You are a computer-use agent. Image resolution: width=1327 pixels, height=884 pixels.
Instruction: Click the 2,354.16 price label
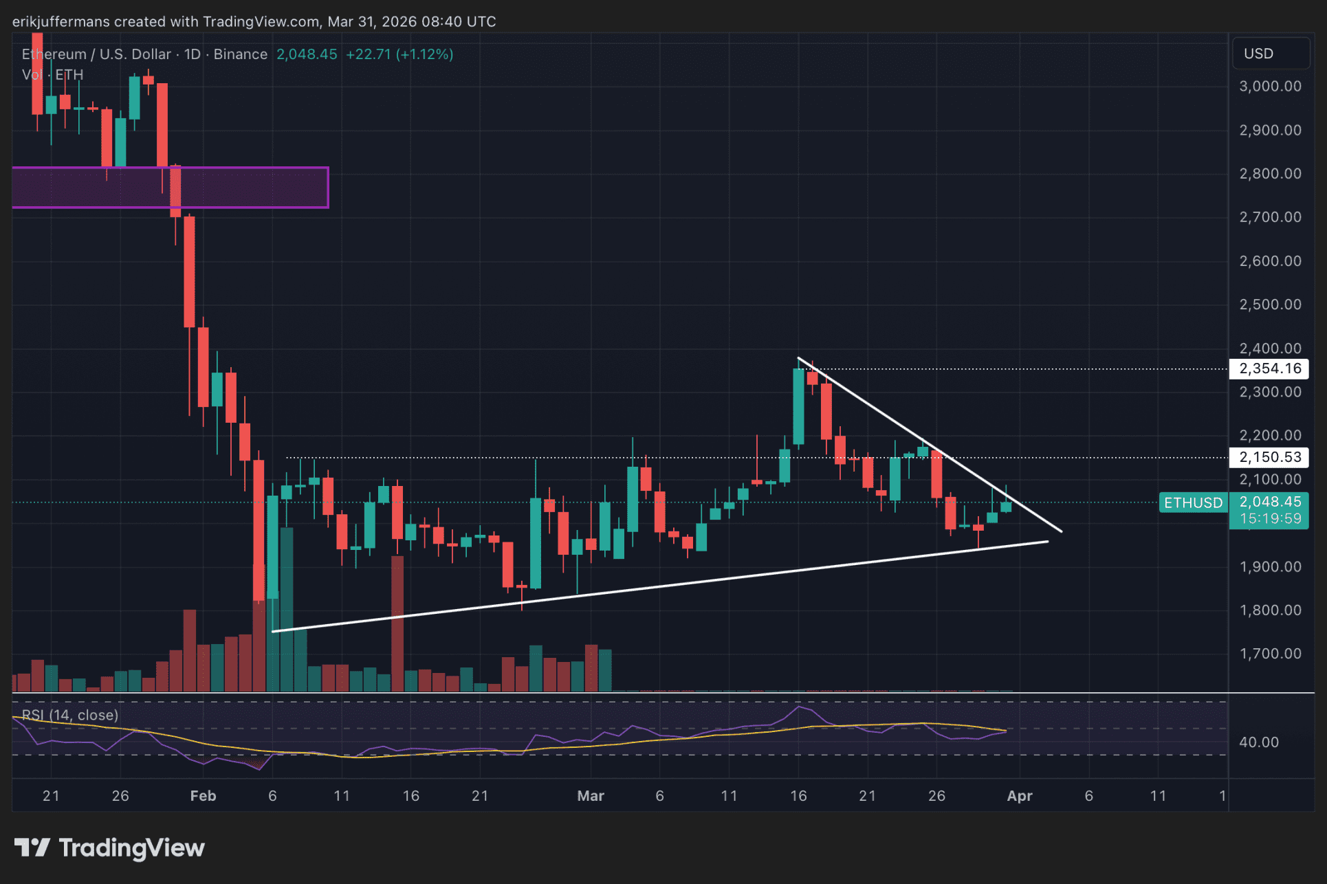point(1269,368)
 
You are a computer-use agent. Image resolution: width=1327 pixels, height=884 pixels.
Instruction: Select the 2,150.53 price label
point(1269,457)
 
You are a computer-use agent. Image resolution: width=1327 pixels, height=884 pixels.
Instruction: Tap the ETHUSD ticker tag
point(1193,502)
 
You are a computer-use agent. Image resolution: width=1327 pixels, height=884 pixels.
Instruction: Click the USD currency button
point(1258,54)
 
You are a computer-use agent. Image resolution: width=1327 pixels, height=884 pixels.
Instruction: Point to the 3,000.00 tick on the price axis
point(1270,86)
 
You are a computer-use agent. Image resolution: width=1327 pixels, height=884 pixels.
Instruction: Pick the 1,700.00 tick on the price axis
point(1270,653)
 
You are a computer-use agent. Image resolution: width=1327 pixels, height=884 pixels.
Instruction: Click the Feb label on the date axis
point(203,795)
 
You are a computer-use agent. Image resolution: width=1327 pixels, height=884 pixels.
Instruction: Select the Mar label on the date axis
point(591,795)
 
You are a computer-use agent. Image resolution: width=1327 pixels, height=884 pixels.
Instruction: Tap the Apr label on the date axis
point(1019,795)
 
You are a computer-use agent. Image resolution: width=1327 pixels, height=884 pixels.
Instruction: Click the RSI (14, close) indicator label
point(70,715)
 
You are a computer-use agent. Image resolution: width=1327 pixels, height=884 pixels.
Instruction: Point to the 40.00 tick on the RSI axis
point(1258,742)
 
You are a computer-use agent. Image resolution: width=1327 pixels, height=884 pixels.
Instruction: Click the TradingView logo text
point(131,848)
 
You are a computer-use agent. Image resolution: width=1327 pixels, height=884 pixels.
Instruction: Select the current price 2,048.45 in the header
point(307,54)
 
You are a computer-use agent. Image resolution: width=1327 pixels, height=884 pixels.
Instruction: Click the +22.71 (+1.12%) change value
point(399,54)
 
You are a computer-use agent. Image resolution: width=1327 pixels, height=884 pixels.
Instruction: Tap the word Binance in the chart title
point(240,54)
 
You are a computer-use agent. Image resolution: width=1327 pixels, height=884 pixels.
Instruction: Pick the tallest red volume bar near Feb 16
point(397,622)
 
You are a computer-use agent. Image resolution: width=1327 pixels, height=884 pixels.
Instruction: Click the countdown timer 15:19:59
point(1270,518)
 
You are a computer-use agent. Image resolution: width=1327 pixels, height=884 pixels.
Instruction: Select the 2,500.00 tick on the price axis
point(1270,304)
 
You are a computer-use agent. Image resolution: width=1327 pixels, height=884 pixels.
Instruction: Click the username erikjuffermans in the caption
point(61,21)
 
